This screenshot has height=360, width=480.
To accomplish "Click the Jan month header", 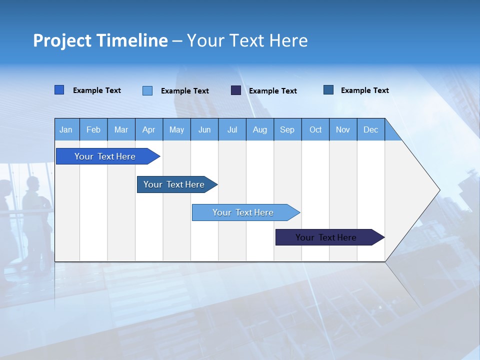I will pos(66,130).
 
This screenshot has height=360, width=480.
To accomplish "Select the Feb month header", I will pos(93,130).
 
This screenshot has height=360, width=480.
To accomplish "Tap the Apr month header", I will pos(148,130).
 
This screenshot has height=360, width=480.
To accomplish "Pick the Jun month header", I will pos(204,130).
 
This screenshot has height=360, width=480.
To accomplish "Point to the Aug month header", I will pos(259,130).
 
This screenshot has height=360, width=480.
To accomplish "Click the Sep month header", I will pos(287,130).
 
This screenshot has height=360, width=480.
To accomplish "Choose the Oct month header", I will pos(315,130).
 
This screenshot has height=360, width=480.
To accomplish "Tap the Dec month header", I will pos(370,130).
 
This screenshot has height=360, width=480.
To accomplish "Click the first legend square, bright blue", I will pos(59,90).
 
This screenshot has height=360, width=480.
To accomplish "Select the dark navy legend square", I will pos(236,90).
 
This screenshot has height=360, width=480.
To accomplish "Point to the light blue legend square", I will pos(147,90).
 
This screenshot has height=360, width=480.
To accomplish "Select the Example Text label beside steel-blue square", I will pos(364,90).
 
